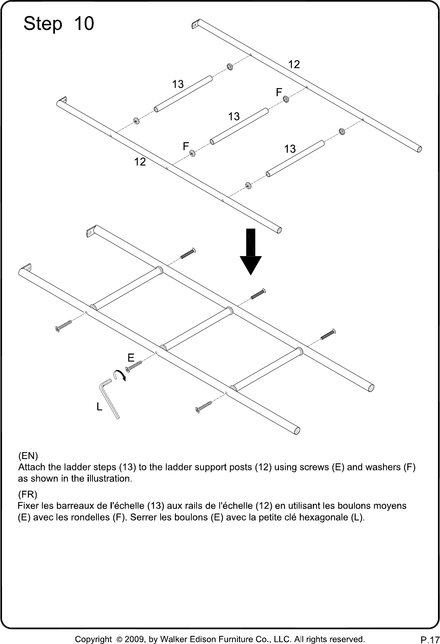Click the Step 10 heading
point(59,23)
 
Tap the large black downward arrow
point(251,252)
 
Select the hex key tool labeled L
point(109,399)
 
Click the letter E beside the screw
point(131,358)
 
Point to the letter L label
point(99,406)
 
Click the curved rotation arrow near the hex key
point(119,375)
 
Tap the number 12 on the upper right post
point(294,64)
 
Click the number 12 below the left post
point(140,162)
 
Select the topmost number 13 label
point(178,84)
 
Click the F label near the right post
point(279,92)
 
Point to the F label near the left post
point(186,146)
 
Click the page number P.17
point(430,640)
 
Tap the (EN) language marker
point(28,456)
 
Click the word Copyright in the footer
point(93,640)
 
